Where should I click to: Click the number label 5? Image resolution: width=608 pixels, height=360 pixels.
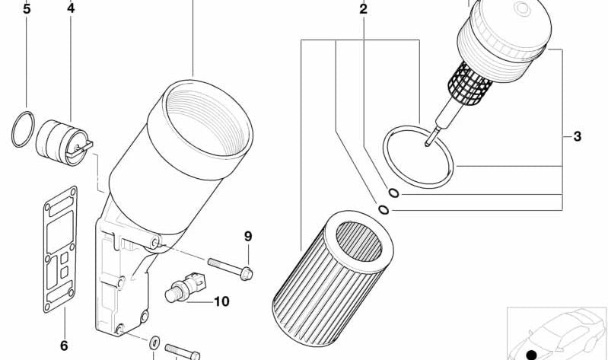click(x=27, y=10)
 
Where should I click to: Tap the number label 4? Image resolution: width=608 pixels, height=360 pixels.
click(x=71, y=8)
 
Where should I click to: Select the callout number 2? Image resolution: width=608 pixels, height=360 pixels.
click(x=363, y=9)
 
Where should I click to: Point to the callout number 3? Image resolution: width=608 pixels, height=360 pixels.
click(x=578, y=137)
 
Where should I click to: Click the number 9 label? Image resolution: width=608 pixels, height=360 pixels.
click(x=248, y=236)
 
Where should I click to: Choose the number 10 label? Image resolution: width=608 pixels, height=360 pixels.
click(x=221, y=301)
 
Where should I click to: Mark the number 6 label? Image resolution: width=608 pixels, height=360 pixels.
click(x=64, y=346)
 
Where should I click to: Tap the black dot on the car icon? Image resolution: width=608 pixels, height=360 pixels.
click(x=530, y=354)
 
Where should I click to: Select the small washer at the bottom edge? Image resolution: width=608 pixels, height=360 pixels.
click(x=154, y=342)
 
